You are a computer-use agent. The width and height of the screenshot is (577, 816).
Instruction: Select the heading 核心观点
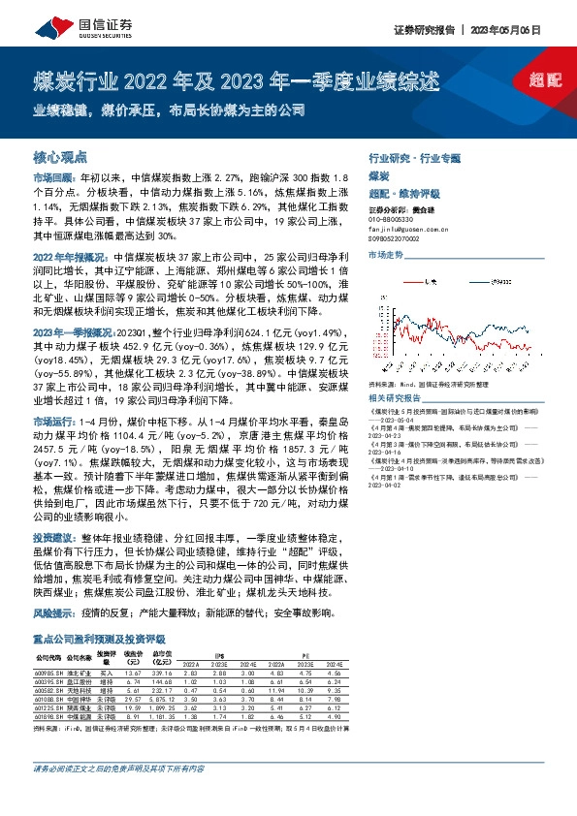click(x=60, y=156)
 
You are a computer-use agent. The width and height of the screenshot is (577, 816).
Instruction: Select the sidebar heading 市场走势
click(x=385, y=254)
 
